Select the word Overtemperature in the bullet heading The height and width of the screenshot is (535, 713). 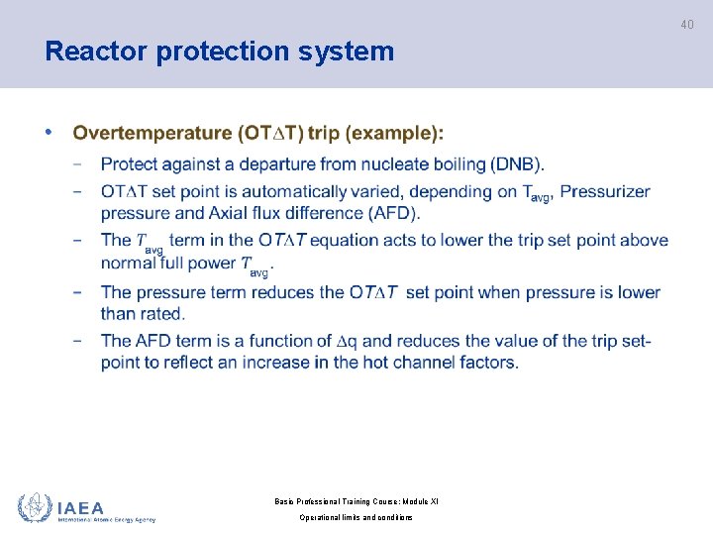point(152,133)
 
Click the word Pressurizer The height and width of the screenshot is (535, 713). point(605,191)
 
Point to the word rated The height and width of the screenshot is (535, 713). point(161,314)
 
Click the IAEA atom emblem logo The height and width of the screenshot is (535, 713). point(35,507)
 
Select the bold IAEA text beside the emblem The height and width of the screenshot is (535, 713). point(81,506)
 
